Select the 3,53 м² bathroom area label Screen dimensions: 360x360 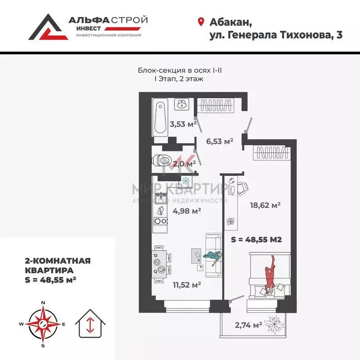(x=183, y=124)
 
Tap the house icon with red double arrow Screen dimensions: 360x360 (x=90, y=324)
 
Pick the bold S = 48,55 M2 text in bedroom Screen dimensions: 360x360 (x=256, y=239)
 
